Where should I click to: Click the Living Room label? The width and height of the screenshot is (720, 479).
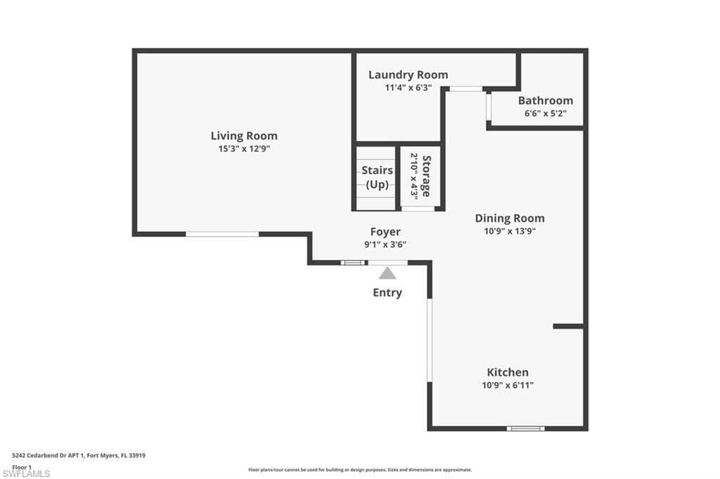[x=244, y=136]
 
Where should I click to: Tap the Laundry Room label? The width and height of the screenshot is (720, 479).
[x=409, y=74]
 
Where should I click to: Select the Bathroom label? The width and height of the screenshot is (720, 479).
[x=546, y=100]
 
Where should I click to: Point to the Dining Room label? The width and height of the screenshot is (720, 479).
[x=510, y=218]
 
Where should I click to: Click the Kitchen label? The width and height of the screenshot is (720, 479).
[x=508, y=372]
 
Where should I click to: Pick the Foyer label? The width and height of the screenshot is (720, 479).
[x=385, y=232]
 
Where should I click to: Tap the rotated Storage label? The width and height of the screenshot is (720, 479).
[x=426, y=176]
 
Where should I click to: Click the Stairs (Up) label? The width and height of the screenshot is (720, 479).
[x=377, y=177]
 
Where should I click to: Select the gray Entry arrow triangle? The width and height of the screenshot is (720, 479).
[x=387, y=273]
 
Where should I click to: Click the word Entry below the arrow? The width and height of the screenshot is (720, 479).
[x=387, y=293]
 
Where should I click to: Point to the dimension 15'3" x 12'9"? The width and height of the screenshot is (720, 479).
[x=244, y=149]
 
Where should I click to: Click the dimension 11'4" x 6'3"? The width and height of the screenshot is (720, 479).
[x=409, y=88]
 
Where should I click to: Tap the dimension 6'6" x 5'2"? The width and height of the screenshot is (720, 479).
[x=546, y=113]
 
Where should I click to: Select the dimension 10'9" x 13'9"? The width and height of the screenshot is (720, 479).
[x=510, y=231]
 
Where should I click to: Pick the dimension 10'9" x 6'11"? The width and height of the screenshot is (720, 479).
[x=508, y=385]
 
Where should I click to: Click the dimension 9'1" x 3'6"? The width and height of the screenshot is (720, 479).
[x=385, y=244]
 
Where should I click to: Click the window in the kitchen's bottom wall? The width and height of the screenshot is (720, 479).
[x=526, y=428]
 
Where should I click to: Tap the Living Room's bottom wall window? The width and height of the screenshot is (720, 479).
[x=222, y=234]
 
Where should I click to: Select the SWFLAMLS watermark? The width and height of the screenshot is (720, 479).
[x=26, y=474]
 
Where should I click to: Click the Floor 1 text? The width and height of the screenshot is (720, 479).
[x=22, y=467]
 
